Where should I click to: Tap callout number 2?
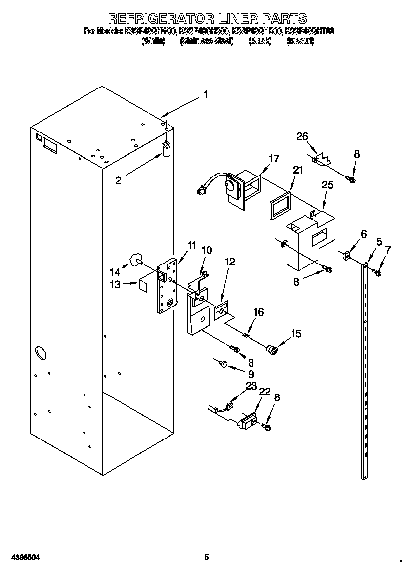tap(118, 181)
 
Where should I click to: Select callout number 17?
tap(274, 159)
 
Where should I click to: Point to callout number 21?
tap(297, 170)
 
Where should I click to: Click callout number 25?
tap(327, 185)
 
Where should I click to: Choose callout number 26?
tap(302, 136)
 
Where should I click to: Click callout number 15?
tap(296, 334)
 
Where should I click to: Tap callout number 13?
tap(115, 284)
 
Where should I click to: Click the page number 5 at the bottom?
tap(207, 557)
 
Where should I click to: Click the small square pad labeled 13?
tap(144, 285)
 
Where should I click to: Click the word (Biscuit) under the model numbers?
tap(300, 42)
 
